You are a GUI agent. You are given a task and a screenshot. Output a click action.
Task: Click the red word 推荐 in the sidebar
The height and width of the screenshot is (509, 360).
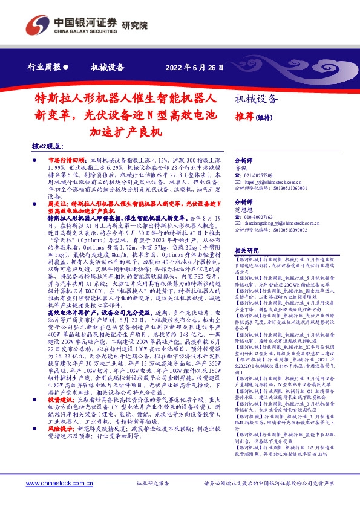click(x=244, y=116)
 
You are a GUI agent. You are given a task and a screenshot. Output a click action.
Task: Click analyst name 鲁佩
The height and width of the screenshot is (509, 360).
click(x=241, y=169)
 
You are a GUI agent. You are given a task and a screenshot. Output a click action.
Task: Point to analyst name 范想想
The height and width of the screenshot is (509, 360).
click(x=243, y=210)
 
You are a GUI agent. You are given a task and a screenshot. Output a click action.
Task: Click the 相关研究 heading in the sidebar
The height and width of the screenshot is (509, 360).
click(x=246, y=250)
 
